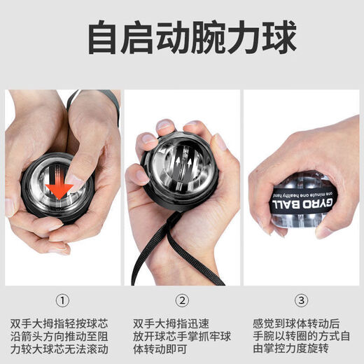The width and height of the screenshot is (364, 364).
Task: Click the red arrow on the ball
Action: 59,187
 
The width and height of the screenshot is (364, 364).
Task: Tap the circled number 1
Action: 63,301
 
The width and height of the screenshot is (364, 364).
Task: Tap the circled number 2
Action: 182,301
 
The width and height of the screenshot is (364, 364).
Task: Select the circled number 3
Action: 302,301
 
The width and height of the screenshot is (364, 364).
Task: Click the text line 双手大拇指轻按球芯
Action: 64,324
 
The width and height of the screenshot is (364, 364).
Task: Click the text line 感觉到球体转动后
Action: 296,324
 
